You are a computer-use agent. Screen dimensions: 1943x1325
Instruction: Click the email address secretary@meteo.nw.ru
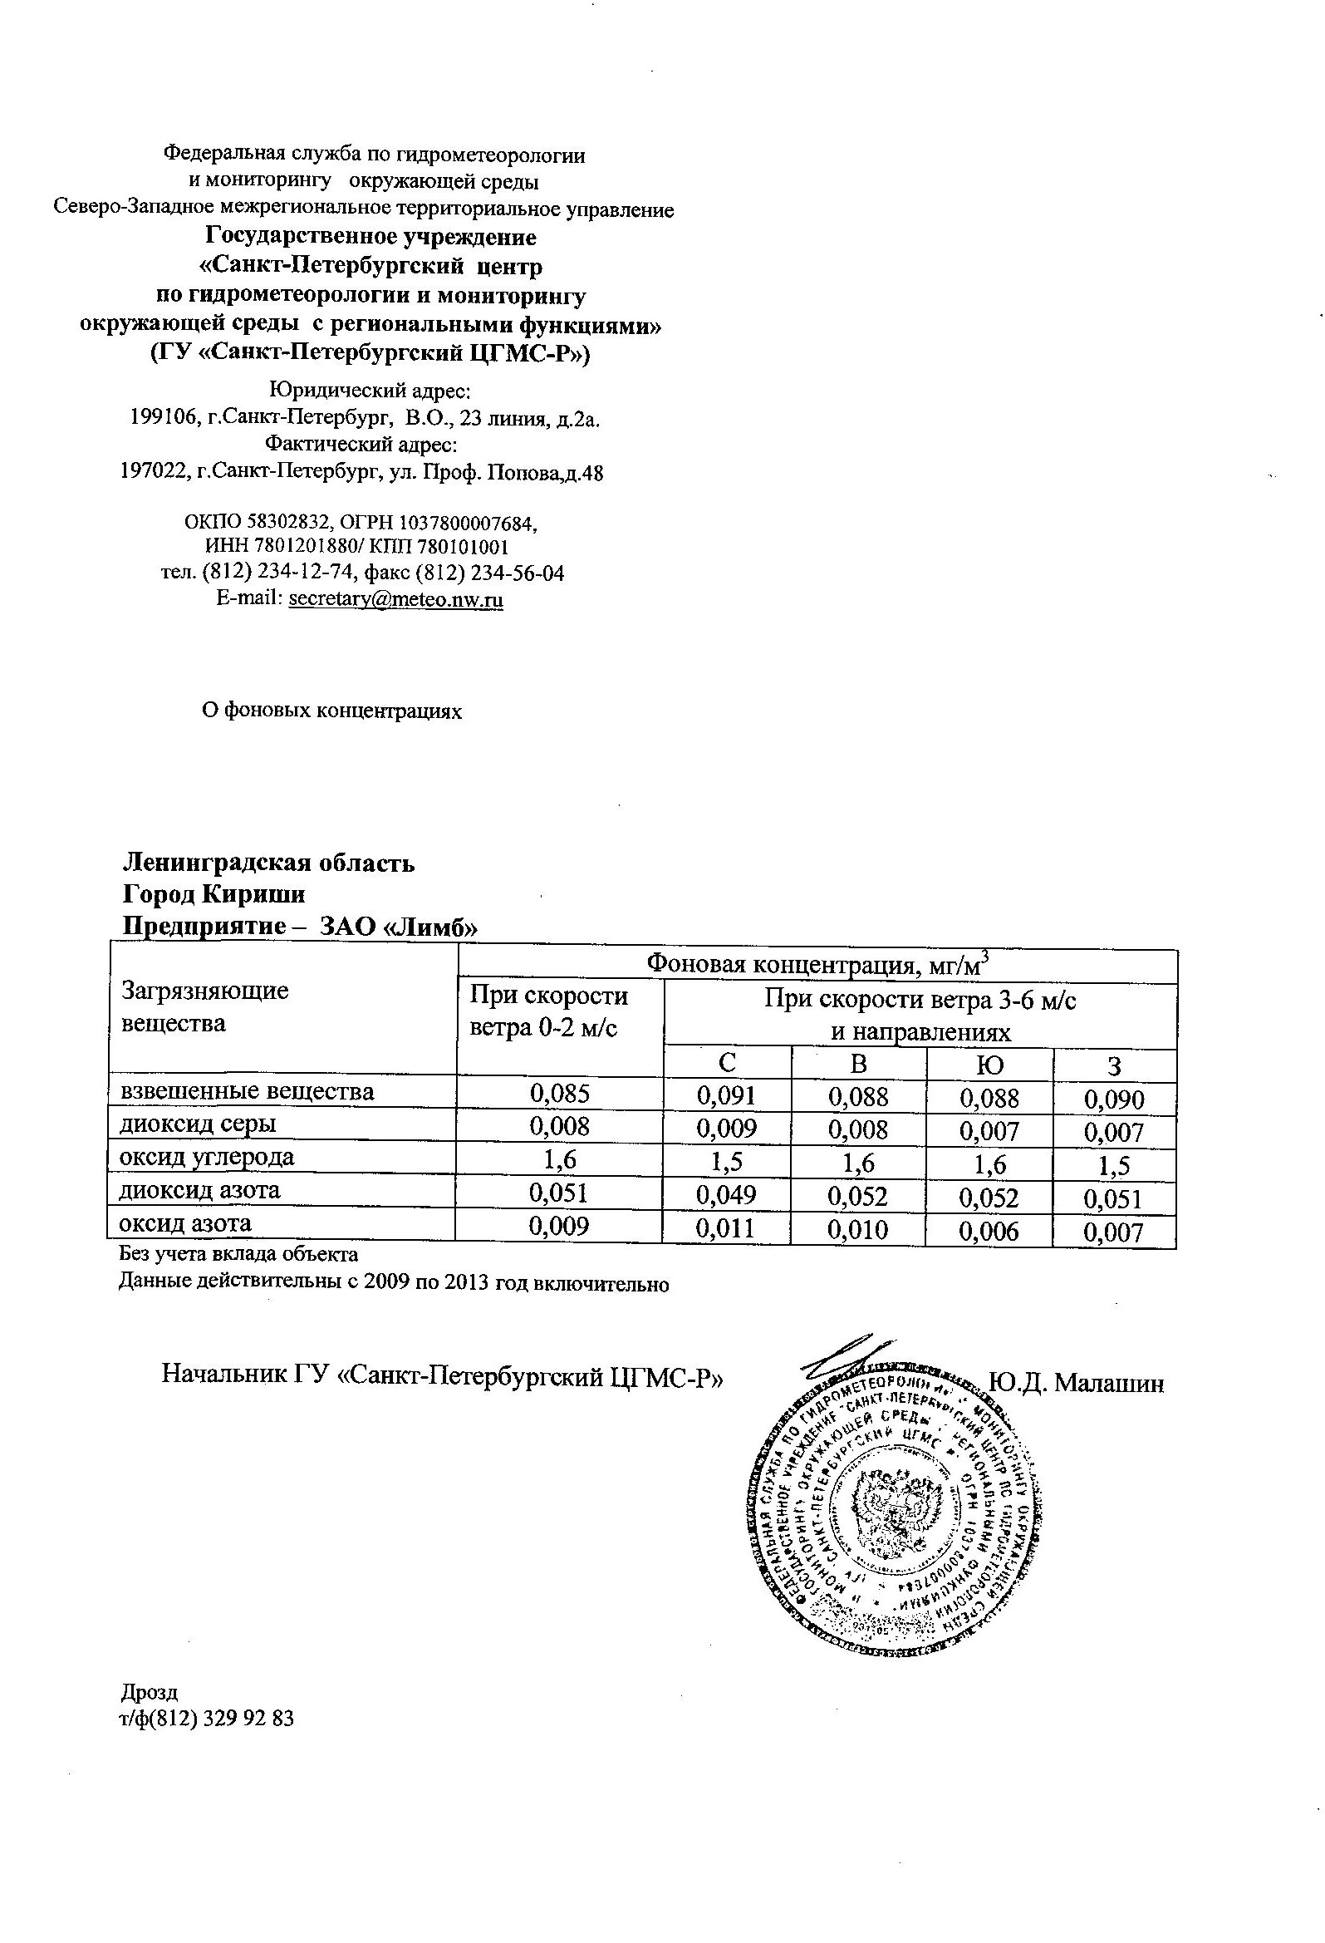coord(395,599)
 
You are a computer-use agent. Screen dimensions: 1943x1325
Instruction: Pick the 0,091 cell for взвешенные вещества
coord(726,1095)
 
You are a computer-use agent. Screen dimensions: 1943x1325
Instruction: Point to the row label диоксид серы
coord(198,1124)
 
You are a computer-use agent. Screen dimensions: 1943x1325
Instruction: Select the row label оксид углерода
coord(208,1157)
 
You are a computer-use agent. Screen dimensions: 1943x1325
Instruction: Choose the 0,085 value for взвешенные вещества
coord(559,1093)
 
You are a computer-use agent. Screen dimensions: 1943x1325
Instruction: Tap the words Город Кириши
coord(214,894)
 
